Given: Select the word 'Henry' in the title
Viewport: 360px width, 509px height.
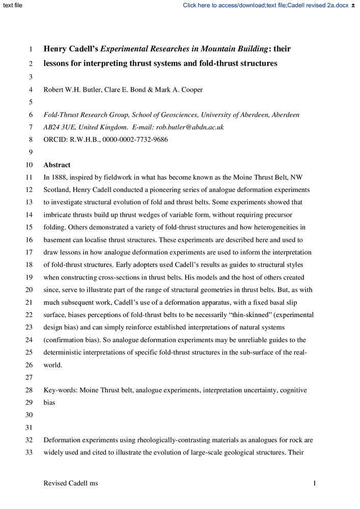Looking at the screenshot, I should [57, 49].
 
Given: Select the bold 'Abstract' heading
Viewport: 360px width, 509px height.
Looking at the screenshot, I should [57, 165].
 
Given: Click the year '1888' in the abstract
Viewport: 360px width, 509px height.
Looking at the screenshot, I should [60, 177].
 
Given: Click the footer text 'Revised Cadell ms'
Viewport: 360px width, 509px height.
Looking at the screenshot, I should [71, 483].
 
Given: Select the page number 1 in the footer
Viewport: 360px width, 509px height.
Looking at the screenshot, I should [315, 483].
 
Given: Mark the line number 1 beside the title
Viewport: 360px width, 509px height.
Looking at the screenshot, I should [31, 50].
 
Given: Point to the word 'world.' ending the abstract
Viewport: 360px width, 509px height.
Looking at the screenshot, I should [53, 365].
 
